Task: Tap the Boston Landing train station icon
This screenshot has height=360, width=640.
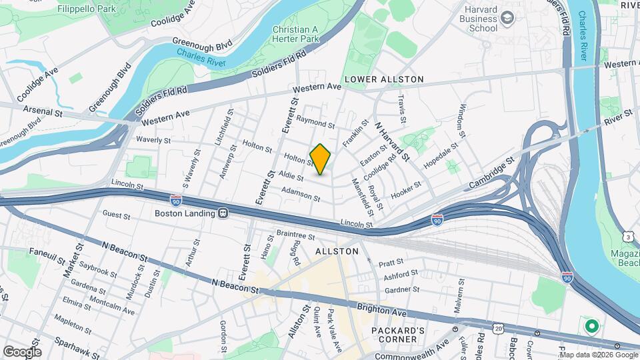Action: point(223,213)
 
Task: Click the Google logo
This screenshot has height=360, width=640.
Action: point(21,351)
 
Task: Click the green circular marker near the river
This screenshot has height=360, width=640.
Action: point(591,327)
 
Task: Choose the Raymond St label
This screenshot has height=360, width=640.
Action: point(315,123)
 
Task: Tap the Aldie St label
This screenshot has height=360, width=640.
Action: point(292,177)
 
